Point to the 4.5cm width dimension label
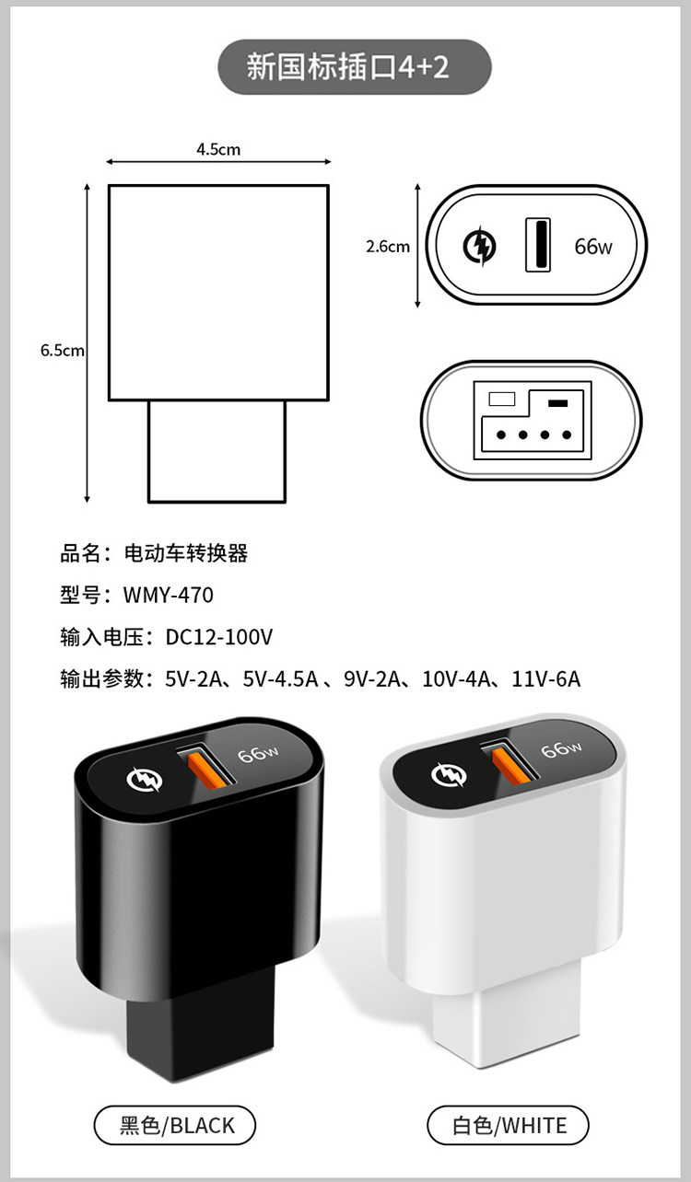click(218, 148)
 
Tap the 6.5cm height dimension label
click(63, 351)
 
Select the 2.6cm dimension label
click(388, 246)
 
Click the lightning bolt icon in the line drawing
click(479, 246)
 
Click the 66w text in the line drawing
click(592, 246)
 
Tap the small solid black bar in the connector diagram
click(556, 403)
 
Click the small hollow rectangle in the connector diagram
click(502, 400)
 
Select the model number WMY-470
click(169, 596)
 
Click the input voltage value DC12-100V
click(219, 637)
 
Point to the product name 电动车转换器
click(186, 553)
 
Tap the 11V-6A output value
click(546, 679)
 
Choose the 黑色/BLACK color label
click(175, 1125)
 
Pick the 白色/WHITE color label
click(509, 1125)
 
